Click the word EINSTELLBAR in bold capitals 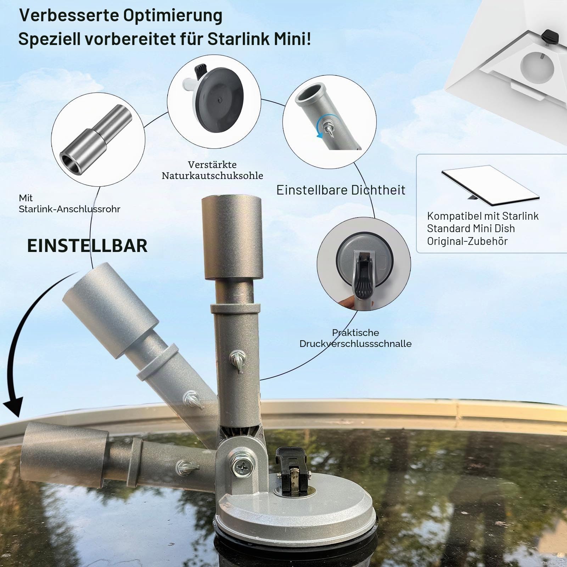[87, 246]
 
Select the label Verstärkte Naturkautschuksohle [212, 170]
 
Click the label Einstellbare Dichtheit [341, 190]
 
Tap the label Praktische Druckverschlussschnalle [355, 338]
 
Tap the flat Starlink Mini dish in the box [490, 186]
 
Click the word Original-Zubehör [467, 241]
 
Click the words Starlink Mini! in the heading [259, 39]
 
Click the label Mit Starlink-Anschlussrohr [69, 203]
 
